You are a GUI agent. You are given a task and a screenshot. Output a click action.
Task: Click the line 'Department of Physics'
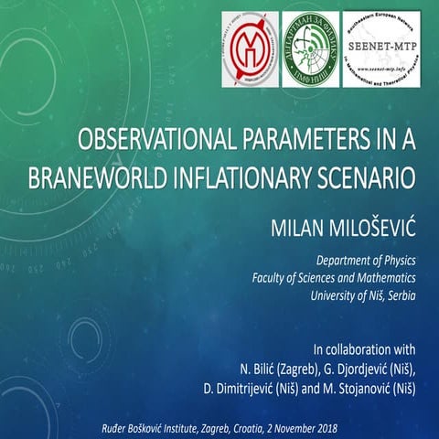(x=363, y=261)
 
